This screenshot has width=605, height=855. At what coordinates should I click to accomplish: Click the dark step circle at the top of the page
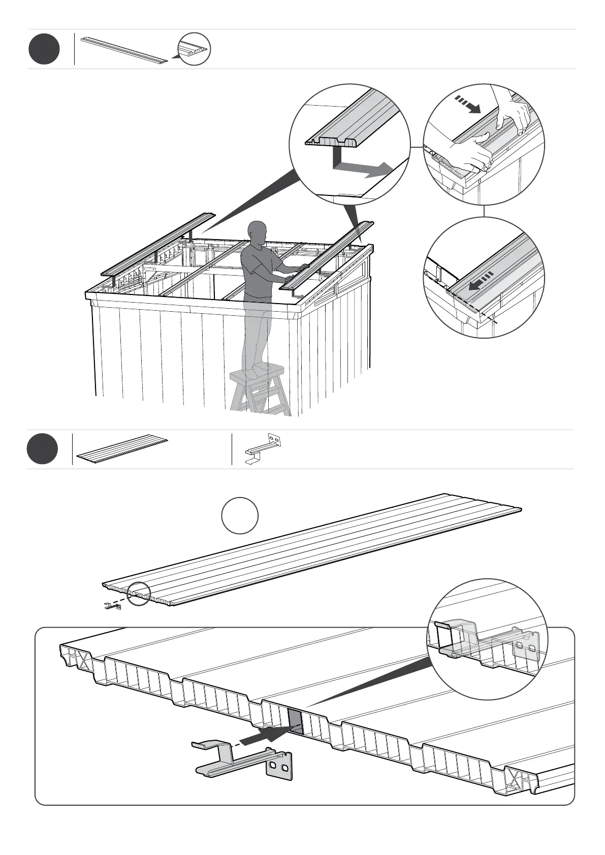[44, 49]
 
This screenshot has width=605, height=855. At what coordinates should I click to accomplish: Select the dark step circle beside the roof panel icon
[43, 449]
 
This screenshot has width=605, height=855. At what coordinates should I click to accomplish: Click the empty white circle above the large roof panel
[240, 516]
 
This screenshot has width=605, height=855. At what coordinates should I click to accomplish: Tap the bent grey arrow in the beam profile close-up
[362, 167]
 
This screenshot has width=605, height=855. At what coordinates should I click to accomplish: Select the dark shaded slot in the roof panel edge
[295, 721]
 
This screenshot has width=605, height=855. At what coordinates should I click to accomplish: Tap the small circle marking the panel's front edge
[139, 594]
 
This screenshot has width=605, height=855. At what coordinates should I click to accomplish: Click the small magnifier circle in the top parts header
[194, 49]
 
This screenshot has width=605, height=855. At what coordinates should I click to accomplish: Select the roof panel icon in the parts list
[122, 449]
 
